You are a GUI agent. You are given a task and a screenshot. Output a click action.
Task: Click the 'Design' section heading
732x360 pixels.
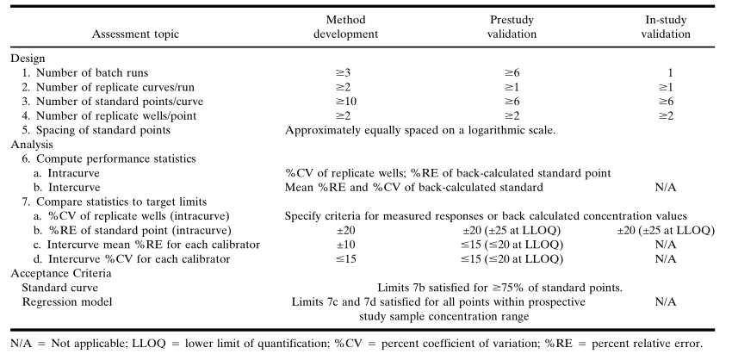coord(28,58)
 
